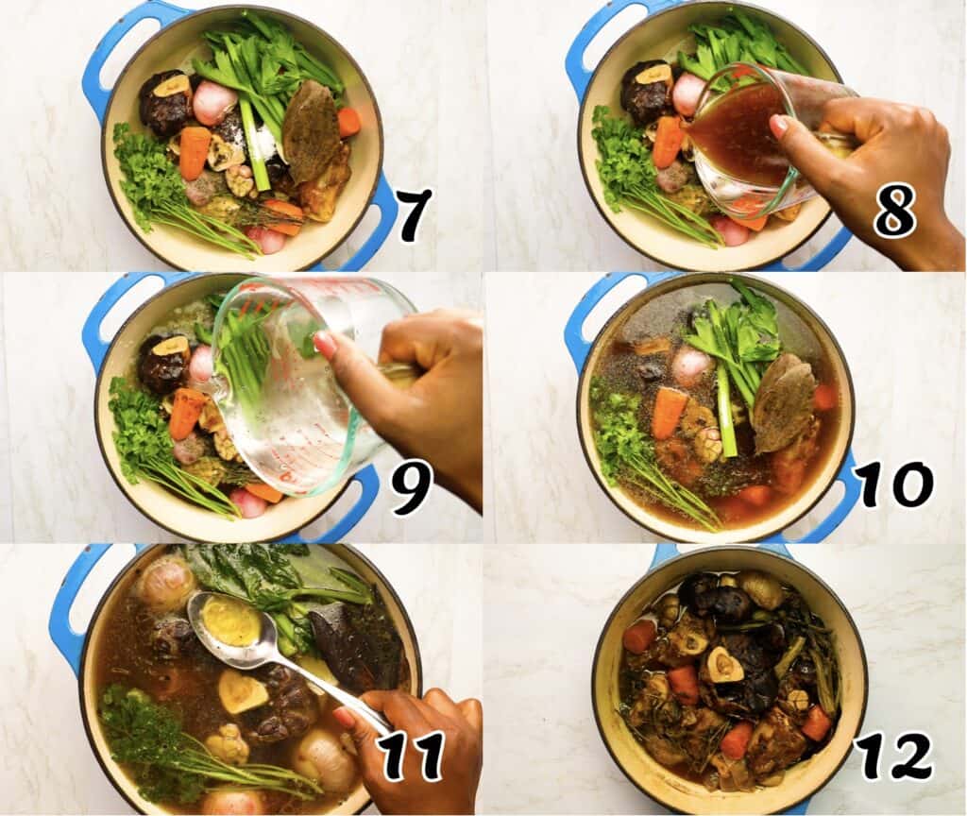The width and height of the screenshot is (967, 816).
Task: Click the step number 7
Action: click(x=414, y=214)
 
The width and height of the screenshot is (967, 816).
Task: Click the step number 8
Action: click(x=893, y=215)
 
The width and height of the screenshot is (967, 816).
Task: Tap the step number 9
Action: click(x=412, y=487)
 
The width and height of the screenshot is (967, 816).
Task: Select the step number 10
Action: click(x=894, y=485)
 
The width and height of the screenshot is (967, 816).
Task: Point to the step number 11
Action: click(x=412, y=756)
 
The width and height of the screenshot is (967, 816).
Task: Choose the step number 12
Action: click(x=892, y=756)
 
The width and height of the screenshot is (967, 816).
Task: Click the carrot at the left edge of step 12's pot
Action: click(x=638, y=635)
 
